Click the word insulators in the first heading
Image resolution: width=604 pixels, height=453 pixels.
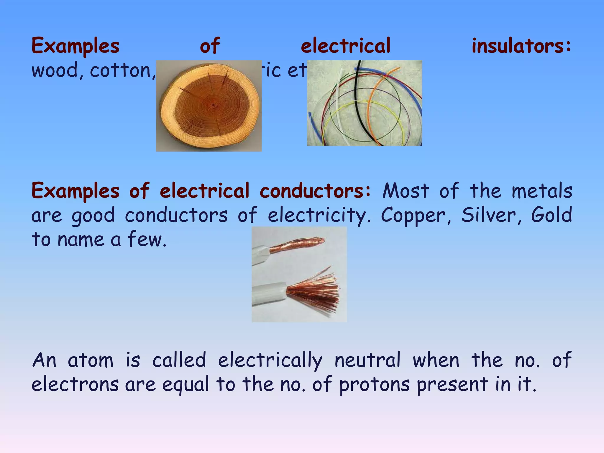tap(521, 46)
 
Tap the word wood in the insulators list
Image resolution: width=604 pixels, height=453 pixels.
tap(55, 71)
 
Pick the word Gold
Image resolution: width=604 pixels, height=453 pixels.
tap(551, 215)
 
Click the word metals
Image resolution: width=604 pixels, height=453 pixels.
tap(542, 191)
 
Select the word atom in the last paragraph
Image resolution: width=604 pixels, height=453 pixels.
tap(91, 360)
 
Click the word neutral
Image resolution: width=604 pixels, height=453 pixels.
tap(367, 360)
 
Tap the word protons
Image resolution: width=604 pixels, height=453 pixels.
tap(374, 385)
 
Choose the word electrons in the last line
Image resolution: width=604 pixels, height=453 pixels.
tap(75, 385)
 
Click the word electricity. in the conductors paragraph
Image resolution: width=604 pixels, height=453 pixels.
tap(319, 215)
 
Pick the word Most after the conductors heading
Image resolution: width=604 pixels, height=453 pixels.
tap(406, 191)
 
